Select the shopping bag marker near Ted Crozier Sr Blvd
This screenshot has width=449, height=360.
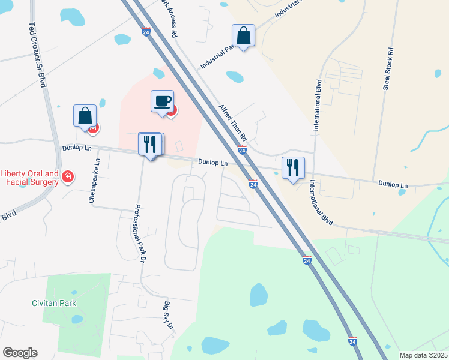(85, 115)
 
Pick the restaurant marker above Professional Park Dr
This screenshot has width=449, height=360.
(150, 144)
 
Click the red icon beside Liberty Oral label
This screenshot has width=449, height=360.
(68, 176)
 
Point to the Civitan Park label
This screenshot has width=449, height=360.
(54, 303)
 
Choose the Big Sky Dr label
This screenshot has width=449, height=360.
(169, 317)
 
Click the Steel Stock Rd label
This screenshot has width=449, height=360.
(388, 69)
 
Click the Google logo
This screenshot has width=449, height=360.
(20, 353)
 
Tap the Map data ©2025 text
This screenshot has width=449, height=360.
(423, 355)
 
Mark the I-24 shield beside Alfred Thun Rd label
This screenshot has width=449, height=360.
(242, 151)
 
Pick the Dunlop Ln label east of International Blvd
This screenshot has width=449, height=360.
(393, 185)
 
